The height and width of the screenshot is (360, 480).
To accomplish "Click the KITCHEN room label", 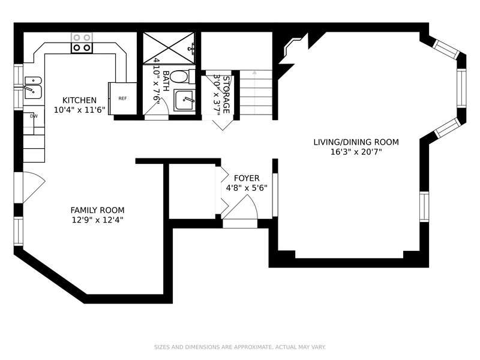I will pyautogui.click(x=79, y=100).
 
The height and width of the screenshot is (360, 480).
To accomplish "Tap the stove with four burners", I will pyautogui.click(x=82, y=43).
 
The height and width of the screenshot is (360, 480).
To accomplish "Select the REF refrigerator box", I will pyautogui.click(x=122, y=98).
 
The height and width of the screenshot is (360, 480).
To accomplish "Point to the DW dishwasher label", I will pyautogui.click(x=34, y=116).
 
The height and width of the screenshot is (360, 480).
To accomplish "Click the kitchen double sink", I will pyautogui.click(x=32, y=87).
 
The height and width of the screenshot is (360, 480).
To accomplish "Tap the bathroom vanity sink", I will pyautogui.click(x=185, y=100).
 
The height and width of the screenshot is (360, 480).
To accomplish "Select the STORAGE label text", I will pyautogui.click(x=226, y=95).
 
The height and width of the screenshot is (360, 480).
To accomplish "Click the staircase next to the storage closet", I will pyautogui.click(x=256, y=93).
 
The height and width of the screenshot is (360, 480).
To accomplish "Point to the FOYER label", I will pyautogui.click(x=247, y=178).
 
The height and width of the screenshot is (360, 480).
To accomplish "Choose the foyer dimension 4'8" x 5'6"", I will pyautogui.click(x=247, y=188).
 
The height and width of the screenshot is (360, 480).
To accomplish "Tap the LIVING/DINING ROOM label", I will pyautogui.click(x=356, y=142).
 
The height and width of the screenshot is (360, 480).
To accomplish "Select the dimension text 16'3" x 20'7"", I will pyautogui.click(x=356, y=152).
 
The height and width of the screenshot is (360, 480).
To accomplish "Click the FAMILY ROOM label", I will pyautogui.click(x=97, y=210).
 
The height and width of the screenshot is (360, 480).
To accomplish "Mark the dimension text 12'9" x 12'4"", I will pyautogui.click(x=97, y=220).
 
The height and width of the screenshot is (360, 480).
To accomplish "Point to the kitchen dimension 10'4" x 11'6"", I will pyautogui.click(x=79, y=110).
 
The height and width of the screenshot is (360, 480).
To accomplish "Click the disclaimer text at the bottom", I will pyautogui.click(x=240, y=347).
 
